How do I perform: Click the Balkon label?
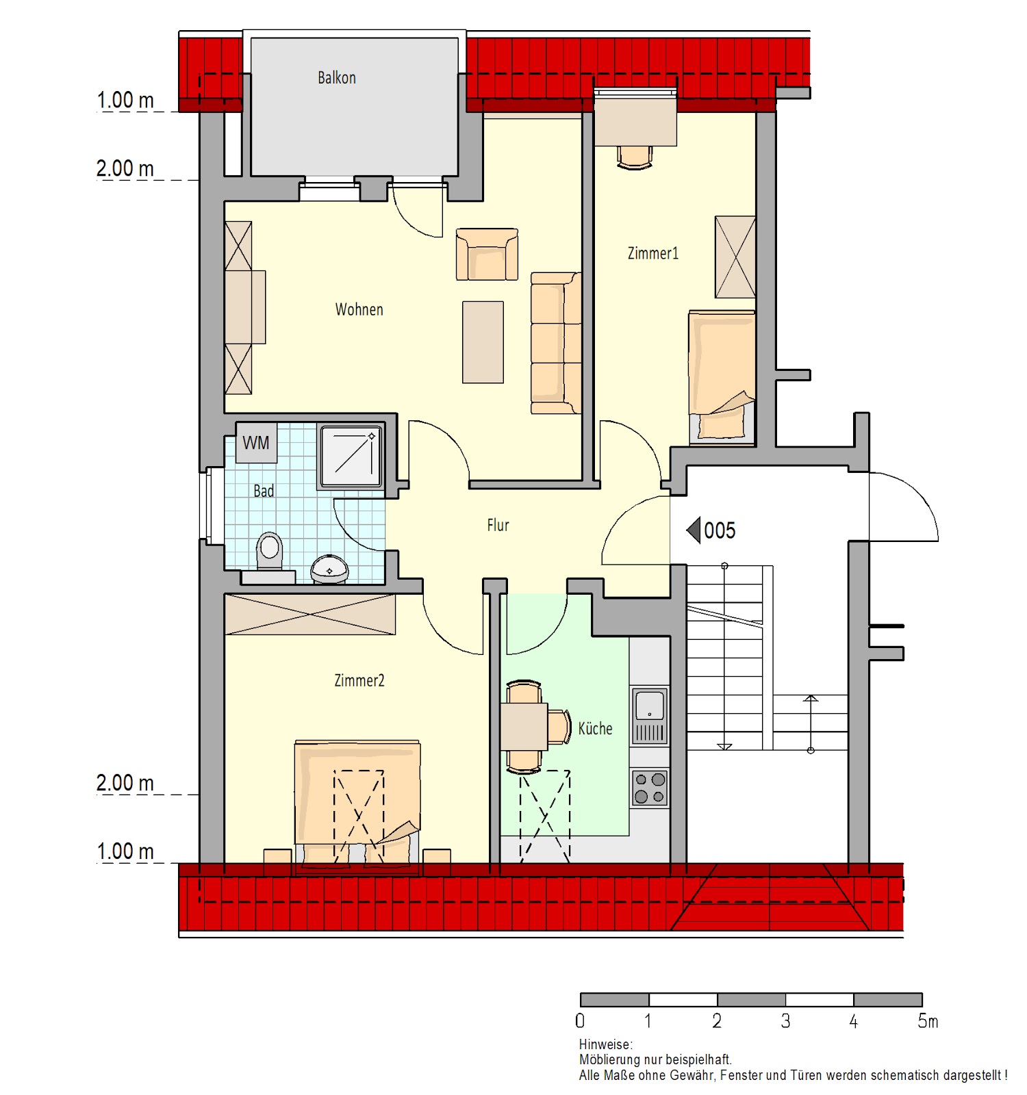point(337,77)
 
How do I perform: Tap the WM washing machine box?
point(256,443)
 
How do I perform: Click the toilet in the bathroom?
point(270,552)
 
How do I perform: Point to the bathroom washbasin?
point(329,569)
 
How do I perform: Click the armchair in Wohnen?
point(487,254)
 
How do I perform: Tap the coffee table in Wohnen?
point(483,342)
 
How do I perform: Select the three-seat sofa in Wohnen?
point(556,343)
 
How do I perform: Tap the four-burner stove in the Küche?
point(649,788)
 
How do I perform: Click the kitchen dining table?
point(524,726)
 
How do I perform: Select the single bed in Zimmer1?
point(722,375)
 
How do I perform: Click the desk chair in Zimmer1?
point(635,157)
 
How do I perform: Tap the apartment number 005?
point(720,530)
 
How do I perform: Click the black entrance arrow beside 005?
point(694,530)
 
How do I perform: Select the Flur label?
point(498,525)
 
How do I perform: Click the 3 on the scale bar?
point(785,1022)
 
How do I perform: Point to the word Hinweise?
point(605,1044)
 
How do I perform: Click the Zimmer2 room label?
point(359,680)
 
